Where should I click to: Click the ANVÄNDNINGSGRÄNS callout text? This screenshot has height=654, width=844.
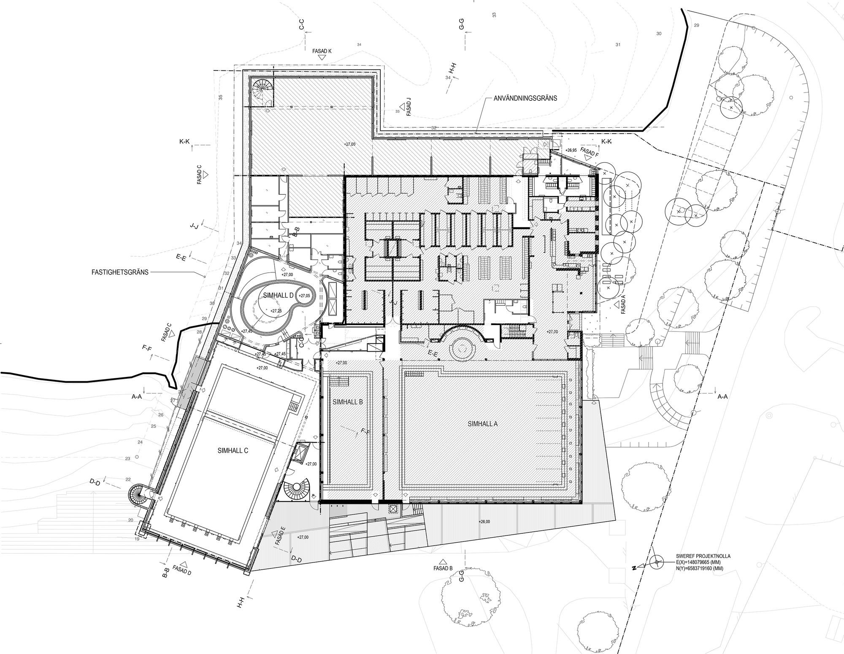coord(525,98)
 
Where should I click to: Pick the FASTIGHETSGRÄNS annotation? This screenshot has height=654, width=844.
coord(120,272)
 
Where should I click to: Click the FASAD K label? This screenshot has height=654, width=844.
coord(322,51)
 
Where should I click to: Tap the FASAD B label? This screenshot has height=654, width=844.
coord(443,568)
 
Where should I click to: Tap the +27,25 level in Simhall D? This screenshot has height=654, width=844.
coord(276,311)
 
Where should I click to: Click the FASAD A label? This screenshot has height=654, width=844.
coord(623,304)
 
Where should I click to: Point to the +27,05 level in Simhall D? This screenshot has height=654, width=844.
coord(304,296)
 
